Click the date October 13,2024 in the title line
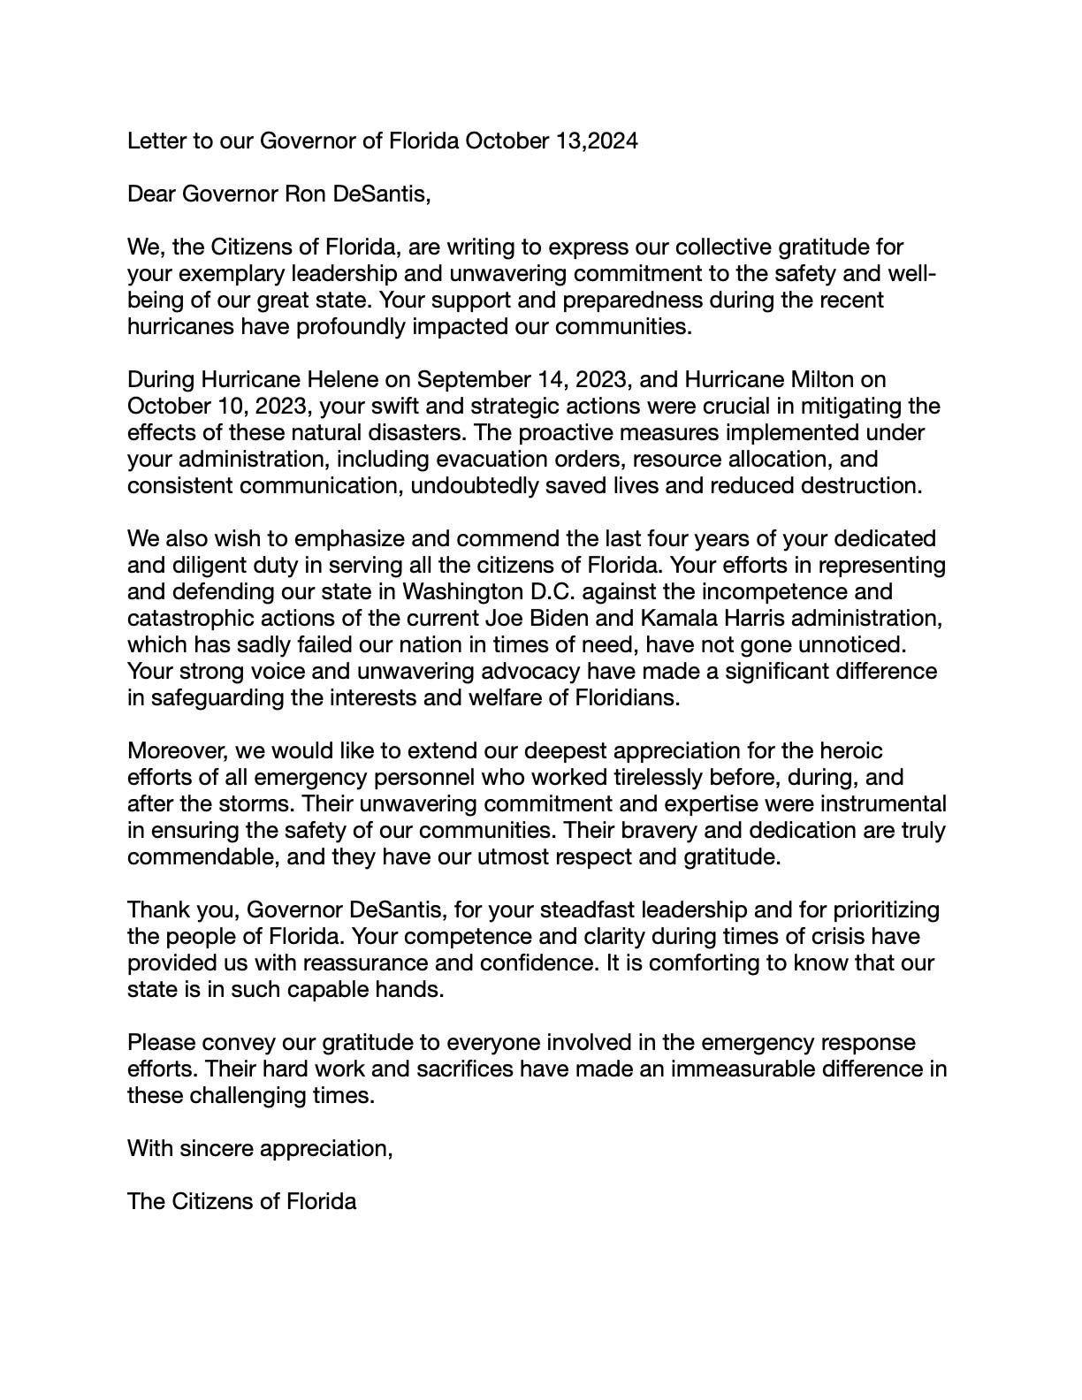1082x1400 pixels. pyautogui.click(x=551, y=141)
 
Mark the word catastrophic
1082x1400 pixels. pyautogui.click(x=184, y=619)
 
